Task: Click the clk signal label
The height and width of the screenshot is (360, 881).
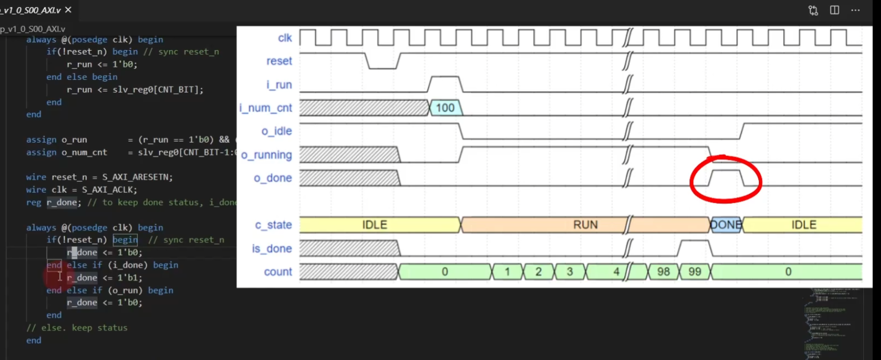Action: click(285, 38)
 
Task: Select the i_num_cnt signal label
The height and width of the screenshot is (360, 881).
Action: click(266, 108)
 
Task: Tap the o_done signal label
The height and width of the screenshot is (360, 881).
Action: click(273, 178)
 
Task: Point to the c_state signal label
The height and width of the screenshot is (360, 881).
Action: click(273, 225)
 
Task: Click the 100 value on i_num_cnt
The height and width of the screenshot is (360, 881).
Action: click(445, 108)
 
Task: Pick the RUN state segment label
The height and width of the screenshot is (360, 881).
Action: click(585, 225)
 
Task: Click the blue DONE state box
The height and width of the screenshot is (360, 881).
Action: click(726, 225)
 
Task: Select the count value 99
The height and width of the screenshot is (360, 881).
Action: click(695, 272)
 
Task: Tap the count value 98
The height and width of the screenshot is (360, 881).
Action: click(663, 272)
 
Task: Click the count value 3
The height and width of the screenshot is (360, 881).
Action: click(570, 272)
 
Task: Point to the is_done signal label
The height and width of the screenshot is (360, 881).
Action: click(272, 249)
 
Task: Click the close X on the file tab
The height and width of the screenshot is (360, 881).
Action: click(68, 10)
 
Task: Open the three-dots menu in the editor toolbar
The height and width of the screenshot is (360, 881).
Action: click(855, 10)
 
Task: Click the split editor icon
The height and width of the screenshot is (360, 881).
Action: click(835, 10)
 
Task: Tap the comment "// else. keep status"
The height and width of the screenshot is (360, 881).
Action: click(77, 328)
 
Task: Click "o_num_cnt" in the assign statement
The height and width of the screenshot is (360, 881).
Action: click(84, 152)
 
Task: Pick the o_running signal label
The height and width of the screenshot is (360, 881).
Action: click(266, 155)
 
